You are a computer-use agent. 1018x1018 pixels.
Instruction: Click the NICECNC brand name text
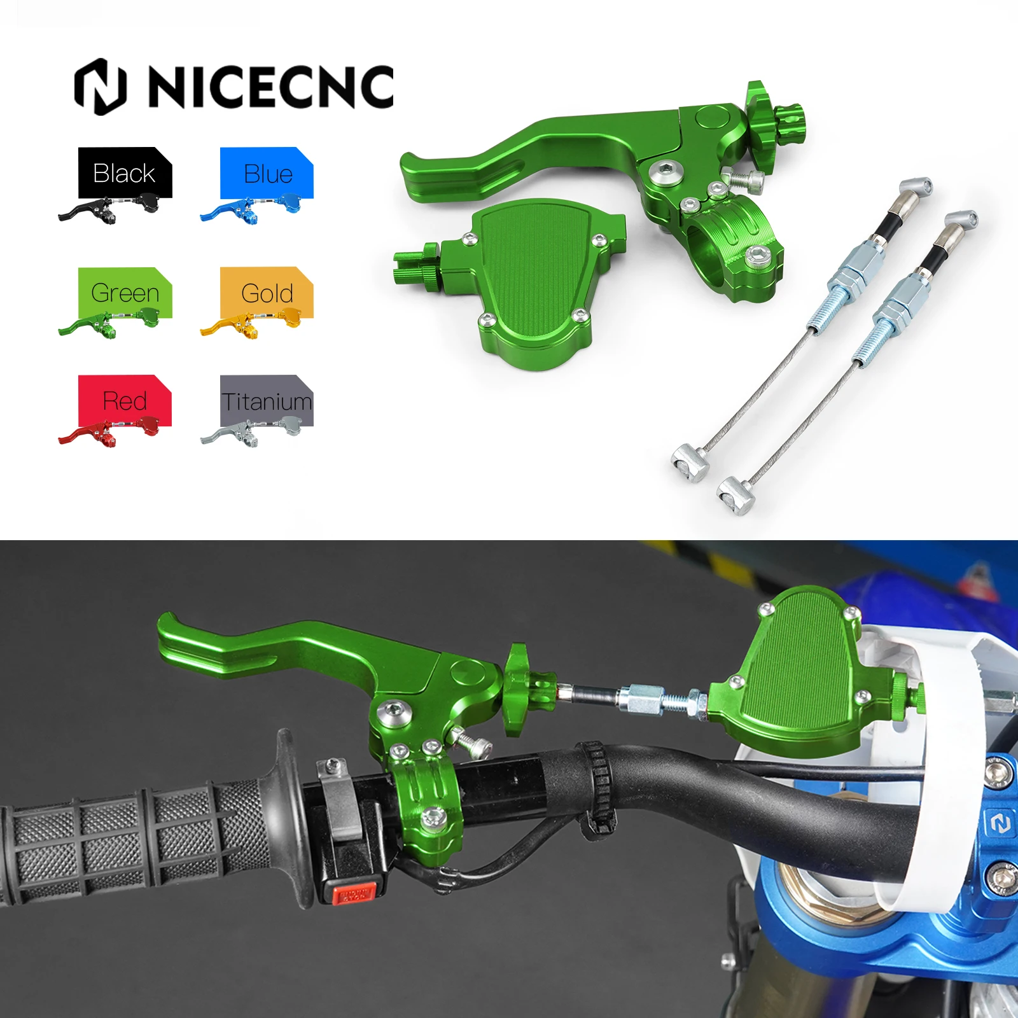tap(270, 87)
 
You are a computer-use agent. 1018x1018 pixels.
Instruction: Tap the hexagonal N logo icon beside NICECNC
tap(101, 87)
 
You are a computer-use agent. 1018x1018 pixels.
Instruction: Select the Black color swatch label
tap(124, 173)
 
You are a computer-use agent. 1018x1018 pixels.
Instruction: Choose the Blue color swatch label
tap(267, 173)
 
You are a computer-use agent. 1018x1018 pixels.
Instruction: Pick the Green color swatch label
tap(125, 293)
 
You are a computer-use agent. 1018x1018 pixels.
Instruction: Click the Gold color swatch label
tap(267, 293)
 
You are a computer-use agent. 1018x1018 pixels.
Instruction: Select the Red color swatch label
tap(125, 401)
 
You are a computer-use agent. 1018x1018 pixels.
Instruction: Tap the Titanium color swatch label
tap(267, 401)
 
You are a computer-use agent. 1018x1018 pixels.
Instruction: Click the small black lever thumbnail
tap(108, 210)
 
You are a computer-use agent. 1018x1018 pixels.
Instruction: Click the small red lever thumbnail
tap(108, 433)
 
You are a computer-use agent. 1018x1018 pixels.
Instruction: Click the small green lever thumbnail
tap(108, 324)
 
